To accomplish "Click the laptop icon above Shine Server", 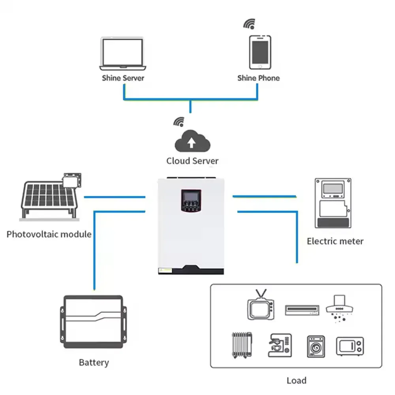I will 123,53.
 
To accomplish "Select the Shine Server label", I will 123,78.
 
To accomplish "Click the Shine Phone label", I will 258,78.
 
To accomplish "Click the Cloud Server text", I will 192,161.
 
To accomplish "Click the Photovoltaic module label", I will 49,234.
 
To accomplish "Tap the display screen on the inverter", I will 191,196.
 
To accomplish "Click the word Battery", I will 94,362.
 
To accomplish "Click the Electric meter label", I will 335,241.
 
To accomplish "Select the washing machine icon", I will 316,346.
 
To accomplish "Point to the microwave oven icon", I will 350,346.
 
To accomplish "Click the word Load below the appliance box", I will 296,380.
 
